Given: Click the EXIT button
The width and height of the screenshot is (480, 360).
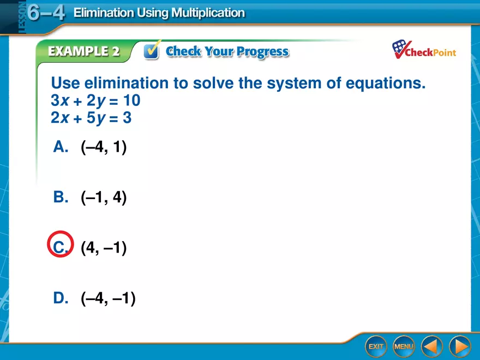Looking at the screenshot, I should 375,346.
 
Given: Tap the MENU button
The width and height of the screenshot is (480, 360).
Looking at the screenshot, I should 404,346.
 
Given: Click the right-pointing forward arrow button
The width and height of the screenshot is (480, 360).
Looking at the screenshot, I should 460,346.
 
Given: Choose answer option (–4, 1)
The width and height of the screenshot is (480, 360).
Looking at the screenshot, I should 104,147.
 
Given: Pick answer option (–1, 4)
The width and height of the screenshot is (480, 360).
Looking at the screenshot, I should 104,197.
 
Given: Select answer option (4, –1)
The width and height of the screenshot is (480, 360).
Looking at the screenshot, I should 104,248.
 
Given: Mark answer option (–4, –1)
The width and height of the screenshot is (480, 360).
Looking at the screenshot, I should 108,298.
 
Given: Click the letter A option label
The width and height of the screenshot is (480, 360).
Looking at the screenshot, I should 60,147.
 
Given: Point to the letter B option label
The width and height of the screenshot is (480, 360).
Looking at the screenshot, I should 60,197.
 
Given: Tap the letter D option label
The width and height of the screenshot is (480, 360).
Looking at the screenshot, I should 60,298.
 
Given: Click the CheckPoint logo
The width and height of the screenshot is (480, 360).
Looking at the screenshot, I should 424,50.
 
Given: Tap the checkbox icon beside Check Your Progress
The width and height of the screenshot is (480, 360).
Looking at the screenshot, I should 152,51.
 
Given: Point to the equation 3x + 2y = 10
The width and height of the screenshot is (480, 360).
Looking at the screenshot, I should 95,101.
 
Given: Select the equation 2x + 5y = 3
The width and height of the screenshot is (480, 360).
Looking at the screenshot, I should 91,118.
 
